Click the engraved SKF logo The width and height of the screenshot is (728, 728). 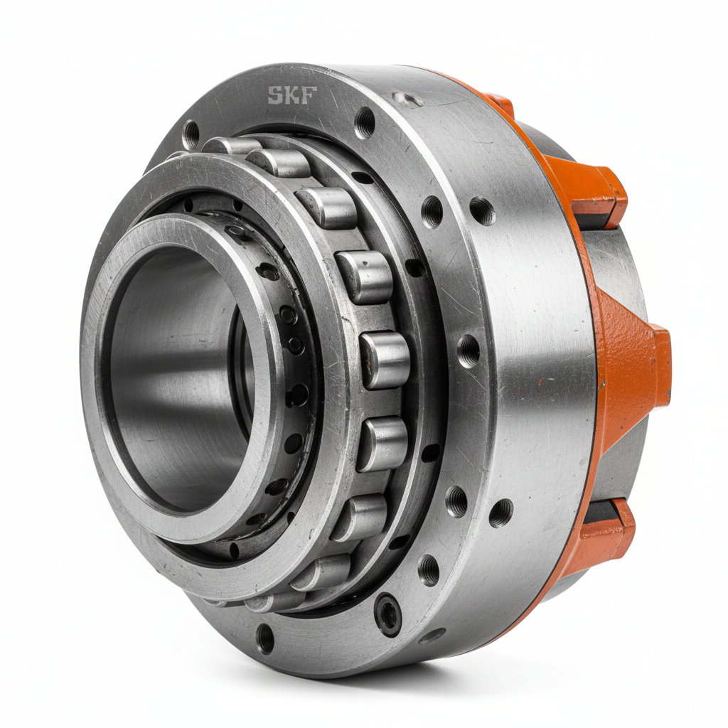point(291,95)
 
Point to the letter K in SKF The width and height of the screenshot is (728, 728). point(291,95)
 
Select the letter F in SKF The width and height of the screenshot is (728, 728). point(307,95)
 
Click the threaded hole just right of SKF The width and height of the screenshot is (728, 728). point(365,122)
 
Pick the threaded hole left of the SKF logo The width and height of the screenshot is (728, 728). point(191,134)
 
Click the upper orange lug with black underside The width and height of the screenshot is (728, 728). point(597,192)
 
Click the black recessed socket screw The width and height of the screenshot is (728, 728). point(388,613)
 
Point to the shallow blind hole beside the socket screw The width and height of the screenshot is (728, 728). point(432,635)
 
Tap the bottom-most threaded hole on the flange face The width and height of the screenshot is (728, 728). point(265,638)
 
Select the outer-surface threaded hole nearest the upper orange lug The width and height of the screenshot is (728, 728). point(482,210)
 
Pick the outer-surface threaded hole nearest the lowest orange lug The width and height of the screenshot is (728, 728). point(500,512)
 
